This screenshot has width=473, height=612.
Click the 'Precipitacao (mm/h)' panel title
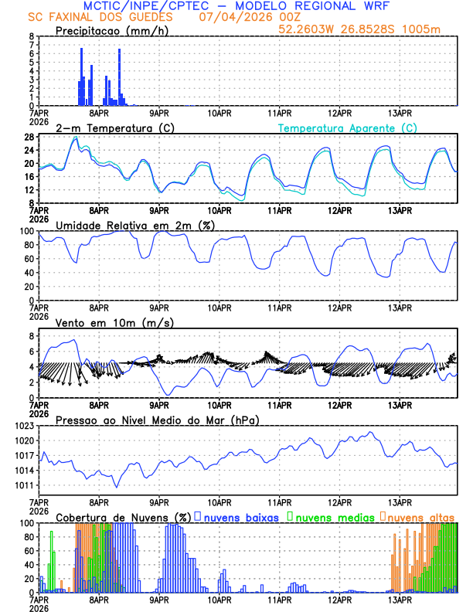[x=112, y=31]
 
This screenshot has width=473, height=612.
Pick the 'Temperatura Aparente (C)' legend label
[x=348, y=127]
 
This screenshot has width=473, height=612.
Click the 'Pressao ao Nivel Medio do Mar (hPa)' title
[x=158, y=420]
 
